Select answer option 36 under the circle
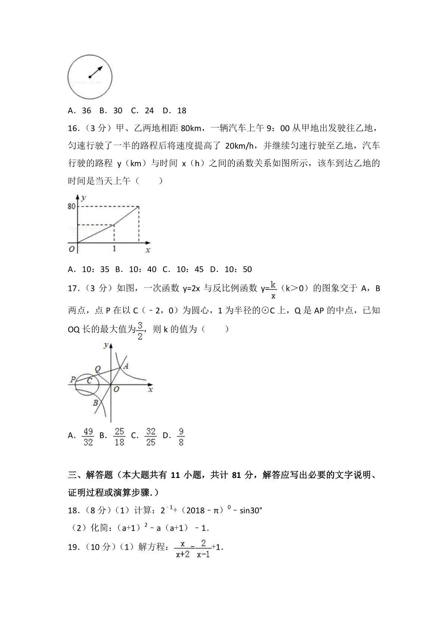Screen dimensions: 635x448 click(86, 111)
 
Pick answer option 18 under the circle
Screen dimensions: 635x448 click(181, 111)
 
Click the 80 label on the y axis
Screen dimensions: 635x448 click(71, 206)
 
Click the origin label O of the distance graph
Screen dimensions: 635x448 click(72, 249)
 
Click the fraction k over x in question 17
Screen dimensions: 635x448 click(273, 290)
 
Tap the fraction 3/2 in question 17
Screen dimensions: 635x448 click(140, 331)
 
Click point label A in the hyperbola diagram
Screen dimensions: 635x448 click(126, 366)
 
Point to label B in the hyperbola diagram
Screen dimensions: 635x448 click(95, 403)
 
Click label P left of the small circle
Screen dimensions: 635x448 click(73, 380)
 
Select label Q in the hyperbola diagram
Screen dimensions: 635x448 click(98, 369)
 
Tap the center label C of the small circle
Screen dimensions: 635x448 click(90, 381)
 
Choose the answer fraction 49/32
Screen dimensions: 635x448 click(88, 436)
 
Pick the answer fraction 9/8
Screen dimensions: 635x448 click(181, 436)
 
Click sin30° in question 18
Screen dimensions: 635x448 click(251, 510)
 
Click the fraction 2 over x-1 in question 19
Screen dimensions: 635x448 click(203, 549)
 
